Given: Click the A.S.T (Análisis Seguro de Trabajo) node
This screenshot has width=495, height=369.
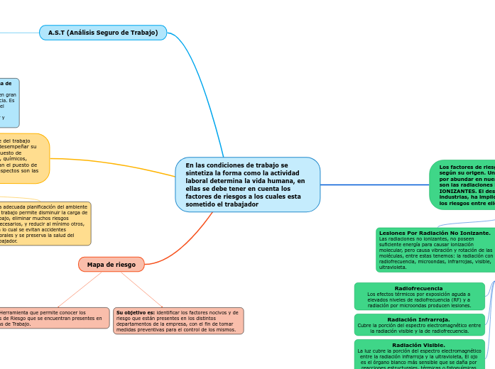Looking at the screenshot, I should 103,33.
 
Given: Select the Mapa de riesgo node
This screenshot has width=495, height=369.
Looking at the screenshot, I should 111,265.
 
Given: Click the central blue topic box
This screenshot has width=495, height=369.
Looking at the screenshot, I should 247,184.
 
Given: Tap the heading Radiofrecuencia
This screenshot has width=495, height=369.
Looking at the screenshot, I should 418,288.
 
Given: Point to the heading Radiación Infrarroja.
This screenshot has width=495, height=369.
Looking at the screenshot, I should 418,319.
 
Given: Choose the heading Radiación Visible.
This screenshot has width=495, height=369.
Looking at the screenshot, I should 418,345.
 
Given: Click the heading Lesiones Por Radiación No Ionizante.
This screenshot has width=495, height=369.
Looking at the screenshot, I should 435,233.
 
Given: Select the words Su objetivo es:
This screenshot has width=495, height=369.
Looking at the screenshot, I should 135,312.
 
